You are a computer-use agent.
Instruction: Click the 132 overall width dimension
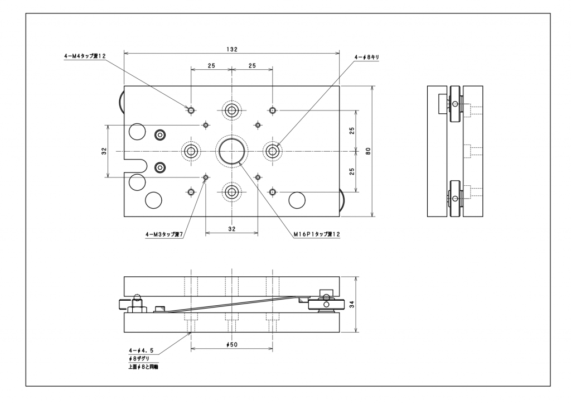(x=232, y=49)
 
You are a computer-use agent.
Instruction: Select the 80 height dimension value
(x=368, y=151)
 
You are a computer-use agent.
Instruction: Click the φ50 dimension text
(x=232, y=345)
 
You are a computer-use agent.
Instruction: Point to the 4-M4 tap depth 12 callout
(x=85, y=56)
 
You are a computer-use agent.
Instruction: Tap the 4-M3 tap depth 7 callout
(x=164, y=235)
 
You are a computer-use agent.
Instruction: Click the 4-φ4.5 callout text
(x=141, y=350)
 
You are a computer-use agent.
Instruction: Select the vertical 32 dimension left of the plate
(x=104, y=151)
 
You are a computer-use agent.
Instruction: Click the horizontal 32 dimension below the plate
(x=232, y=229)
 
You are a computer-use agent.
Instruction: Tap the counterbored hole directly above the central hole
(x=231, y=110)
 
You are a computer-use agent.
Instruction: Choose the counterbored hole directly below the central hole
(x=231, y=193)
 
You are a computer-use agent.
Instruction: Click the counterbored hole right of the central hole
(x=273, y=151)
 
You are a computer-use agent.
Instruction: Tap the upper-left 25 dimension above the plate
(x=211, y=66)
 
